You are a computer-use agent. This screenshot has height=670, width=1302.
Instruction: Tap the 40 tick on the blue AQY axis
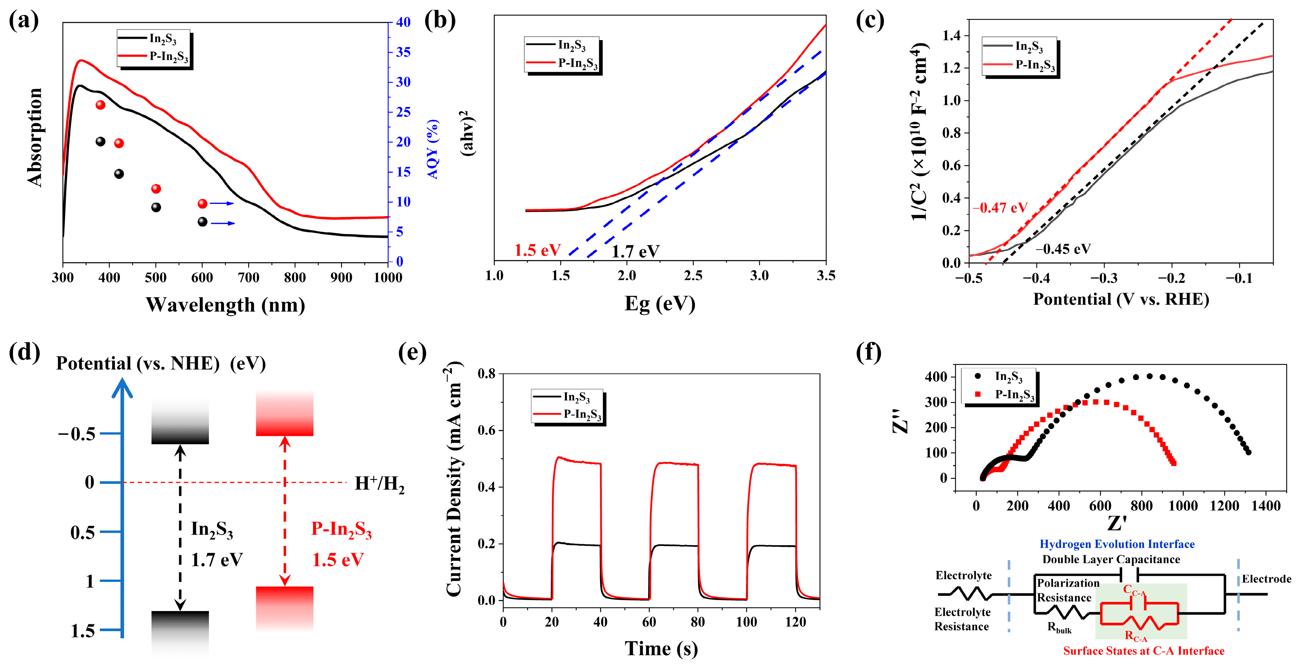click(x=403, y=22)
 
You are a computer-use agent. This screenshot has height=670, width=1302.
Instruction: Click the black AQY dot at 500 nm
click(x=156, y=207)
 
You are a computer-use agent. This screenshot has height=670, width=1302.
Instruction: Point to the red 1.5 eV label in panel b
click(x=537, y=250)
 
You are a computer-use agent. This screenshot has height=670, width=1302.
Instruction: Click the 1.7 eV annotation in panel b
click(x=635, y=251)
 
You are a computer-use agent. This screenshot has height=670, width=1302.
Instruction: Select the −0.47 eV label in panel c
click(x=1000, y=208)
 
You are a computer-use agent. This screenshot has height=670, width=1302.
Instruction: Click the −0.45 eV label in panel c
click(x=1063, y=249)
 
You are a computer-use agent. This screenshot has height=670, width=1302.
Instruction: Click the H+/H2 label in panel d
click(x=379, y=484)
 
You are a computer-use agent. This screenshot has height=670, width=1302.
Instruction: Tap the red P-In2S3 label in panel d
click(x=341, y=529)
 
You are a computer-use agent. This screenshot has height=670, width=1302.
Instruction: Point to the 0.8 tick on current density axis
click(x=486, y=374)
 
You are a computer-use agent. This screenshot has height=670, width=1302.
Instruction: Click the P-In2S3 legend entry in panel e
click(x=581, y=414)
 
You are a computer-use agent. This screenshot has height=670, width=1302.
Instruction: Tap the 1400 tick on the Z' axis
click(x=1265, y=506)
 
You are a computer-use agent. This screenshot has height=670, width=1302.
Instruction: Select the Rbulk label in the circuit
click(x=1059, y=628)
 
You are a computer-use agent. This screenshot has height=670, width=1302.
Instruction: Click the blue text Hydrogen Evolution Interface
click(x=1117, y=544)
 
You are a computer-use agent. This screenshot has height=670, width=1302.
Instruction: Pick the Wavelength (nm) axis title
click(x=226, y=305)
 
